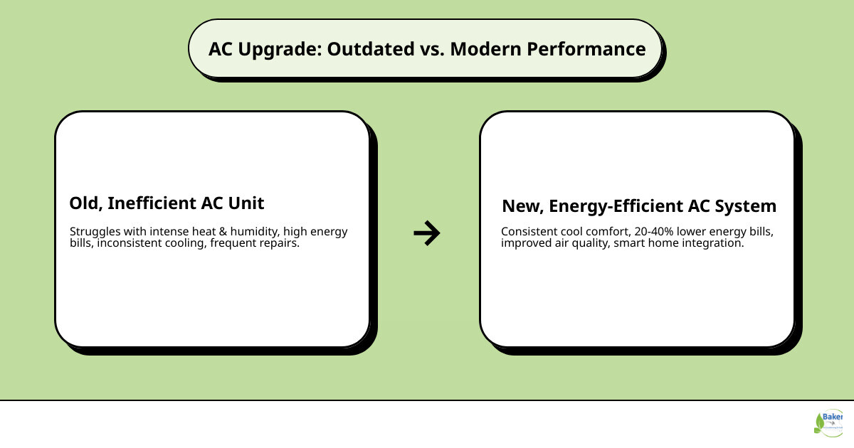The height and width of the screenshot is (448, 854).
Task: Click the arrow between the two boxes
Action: coord(427,233)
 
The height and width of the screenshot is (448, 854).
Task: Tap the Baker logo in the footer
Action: coord(829,422)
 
